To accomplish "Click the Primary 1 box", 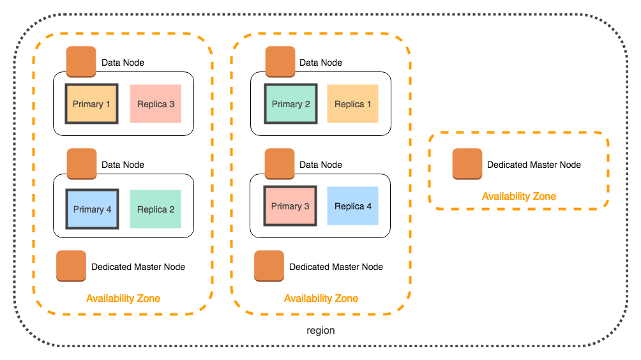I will point(91,104).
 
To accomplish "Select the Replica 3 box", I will point(155,104).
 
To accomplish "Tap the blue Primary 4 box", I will point(92,209).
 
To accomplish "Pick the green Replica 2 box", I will point(155,209).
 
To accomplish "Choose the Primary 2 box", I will point(290,104).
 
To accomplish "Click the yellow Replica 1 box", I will point(352,104).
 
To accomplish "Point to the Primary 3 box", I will point(290,206).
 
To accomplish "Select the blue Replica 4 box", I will point(352,206).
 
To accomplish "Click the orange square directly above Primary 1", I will point(81,62).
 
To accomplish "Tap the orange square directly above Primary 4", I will point(82,164).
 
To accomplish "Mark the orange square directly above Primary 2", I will point(280,62).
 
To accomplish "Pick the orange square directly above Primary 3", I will point(280,164).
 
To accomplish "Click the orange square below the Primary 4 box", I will point(71,266).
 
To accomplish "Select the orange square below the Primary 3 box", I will point(269,266).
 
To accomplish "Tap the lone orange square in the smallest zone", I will point(467,164).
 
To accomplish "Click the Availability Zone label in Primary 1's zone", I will point(123,299).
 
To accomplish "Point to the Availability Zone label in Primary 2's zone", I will point(321,299).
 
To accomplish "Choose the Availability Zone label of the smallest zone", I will point(518,197).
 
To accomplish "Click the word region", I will point(320,331).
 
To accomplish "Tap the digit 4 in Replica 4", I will point(368,206).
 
